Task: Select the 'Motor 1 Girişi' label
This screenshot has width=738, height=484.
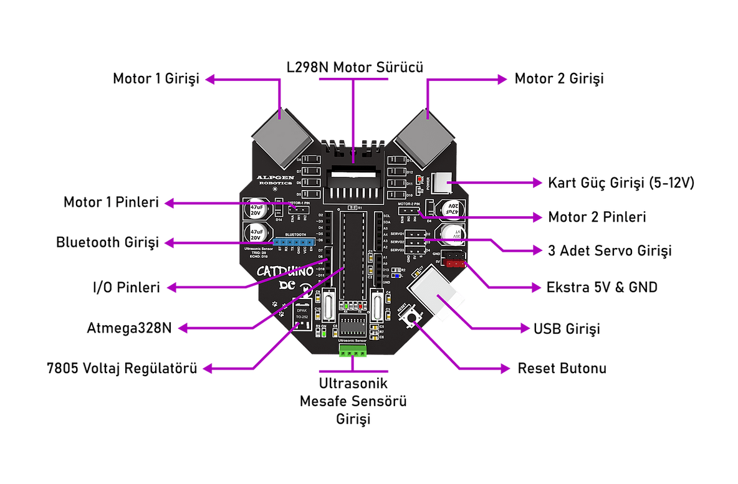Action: click(155, 79)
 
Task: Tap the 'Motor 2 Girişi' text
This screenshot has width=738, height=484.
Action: click(559, 79)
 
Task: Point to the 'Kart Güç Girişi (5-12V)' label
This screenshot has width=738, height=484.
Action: click(620, 183)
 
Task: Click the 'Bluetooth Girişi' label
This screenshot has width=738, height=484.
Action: click(107, 242)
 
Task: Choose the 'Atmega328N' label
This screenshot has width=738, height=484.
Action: click(130, 328)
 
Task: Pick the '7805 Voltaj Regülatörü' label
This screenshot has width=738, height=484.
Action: click(122, 368)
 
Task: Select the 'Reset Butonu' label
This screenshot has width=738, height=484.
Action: click(562, 368)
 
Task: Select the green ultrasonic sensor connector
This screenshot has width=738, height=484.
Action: click(353, 352)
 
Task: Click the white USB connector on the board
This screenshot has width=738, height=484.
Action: click(434, 298)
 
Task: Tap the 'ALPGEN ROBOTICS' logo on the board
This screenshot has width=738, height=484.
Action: click(274, 181)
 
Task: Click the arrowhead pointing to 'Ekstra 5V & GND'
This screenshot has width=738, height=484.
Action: click(537, 288)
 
